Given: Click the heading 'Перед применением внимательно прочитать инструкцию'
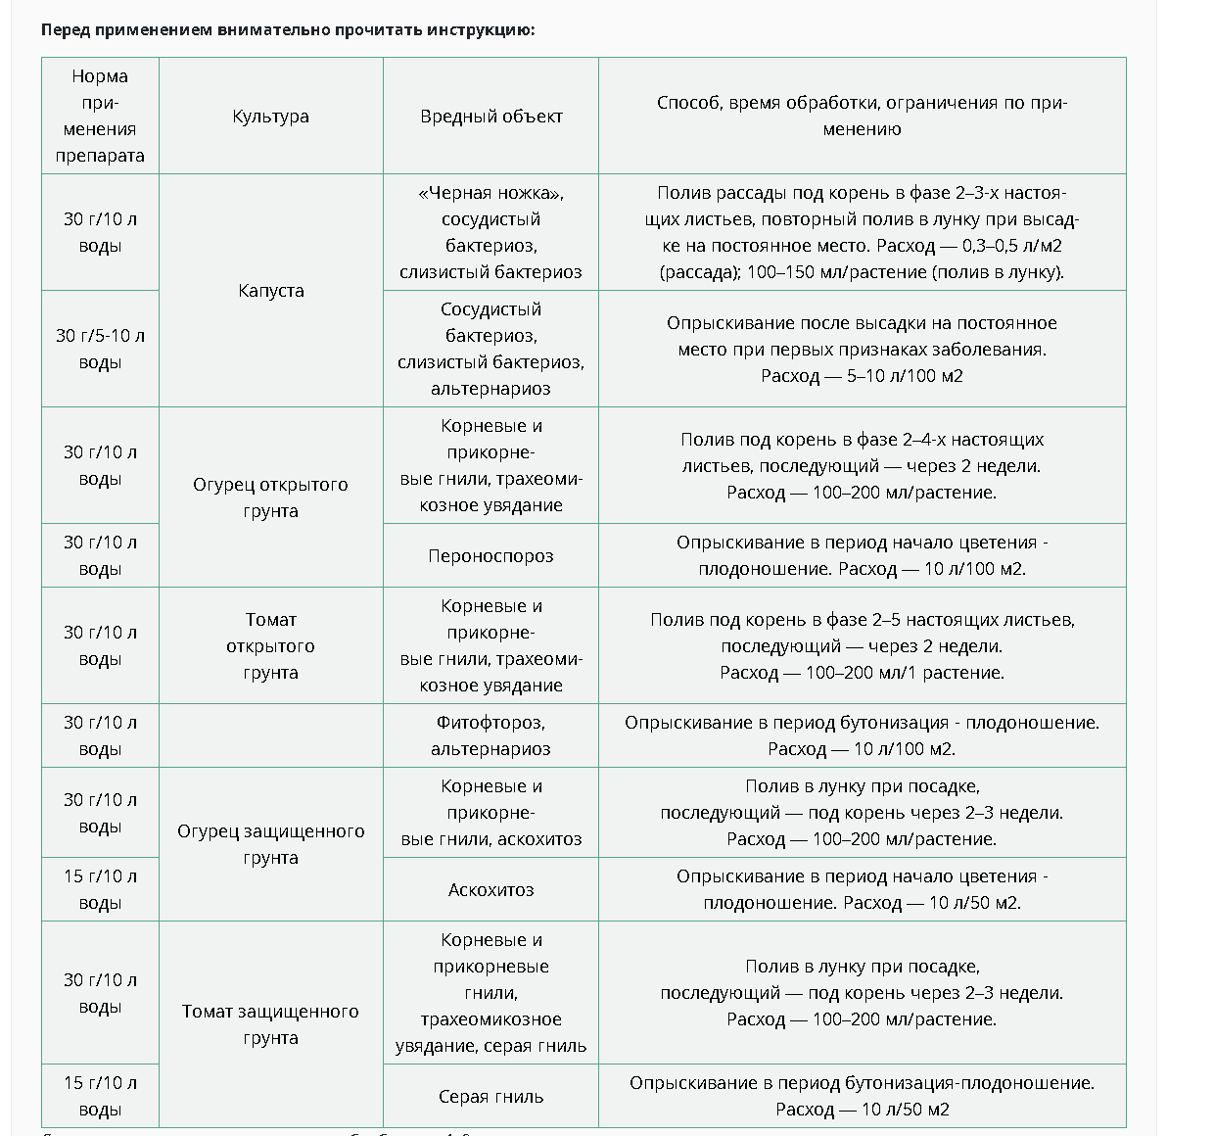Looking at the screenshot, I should pos(288,29).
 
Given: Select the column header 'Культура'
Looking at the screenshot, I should pos(270,117).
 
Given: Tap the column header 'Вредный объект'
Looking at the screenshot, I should pos(490,117).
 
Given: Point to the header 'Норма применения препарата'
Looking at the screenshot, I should pos(100,116).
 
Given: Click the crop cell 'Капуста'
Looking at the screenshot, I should pos(270,291).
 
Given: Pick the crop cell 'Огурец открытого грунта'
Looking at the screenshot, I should pos(270,497).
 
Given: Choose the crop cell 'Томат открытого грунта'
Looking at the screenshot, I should pos(270,646).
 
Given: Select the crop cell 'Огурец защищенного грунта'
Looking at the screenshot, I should pos(270,844).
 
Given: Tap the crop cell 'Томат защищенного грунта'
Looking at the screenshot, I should pos(270,1024).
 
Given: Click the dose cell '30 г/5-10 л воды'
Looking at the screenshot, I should pos(100,349).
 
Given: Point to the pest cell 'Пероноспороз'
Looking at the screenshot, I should pos(490,556).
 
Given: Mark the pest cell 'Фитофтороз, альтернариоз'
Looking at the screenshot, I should pos(490,735).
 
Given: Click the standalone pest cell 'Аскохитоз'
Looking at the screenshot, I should pos(490,890).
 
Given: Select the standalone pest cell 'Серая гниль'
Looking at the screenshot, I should pos(490,1097).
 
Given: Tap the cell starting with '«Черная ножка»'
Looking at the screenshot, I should pos(490,232).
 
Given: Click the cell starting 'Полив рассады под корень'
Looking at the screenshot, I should pos(862,232).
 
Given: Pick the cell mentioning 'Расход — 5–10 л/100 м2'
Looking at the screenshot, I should pos(862,349).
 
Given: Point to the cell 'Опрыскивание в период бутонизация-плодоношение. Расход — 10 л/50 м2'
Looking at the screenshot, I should pos(862,1096).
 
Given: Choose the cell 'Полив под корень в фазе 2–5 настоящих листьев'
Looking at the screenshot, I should pos(862,646).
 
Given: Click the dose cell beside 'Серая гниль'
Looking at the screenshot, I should pos(100,1096).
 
